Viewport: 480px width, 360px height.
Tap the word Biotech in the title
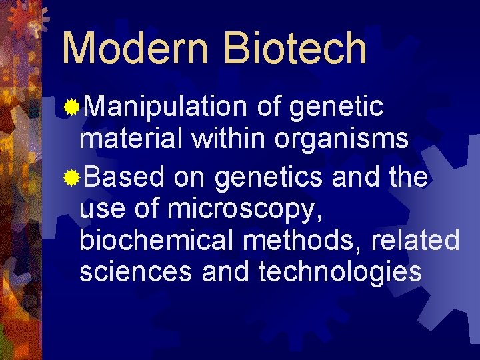click(295, 49)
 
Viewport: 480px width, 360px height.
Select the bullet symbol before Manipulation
click(71, 107)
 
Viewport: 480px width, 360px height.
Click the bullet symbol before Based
click(71, 177)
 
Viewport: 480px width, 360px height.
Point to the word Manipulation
click(166, 107)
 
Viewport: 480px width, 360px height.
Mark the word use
click(101, 209)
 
